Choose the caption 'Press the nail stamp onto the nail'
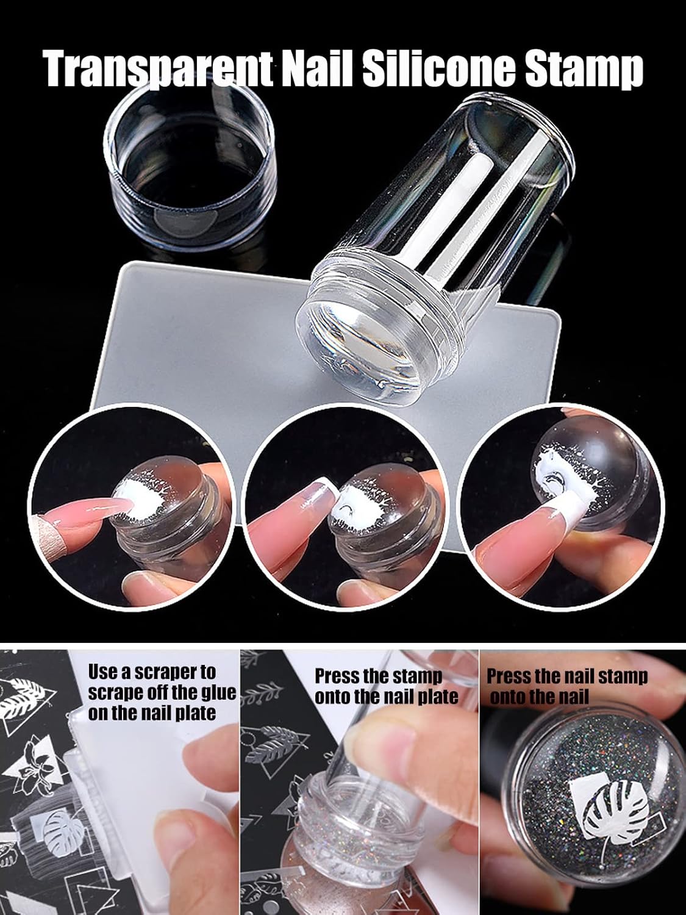566,686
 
